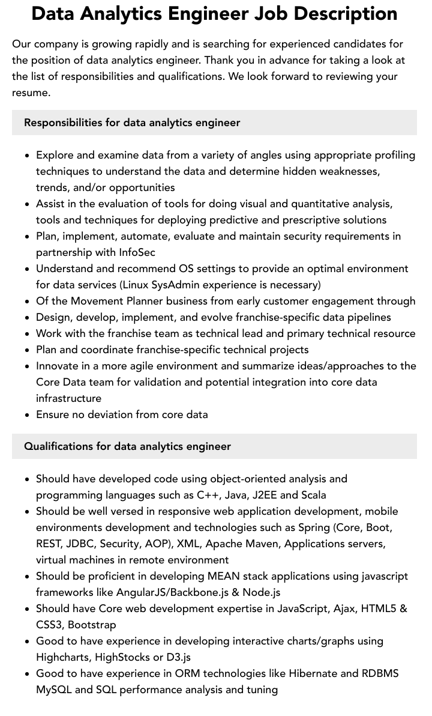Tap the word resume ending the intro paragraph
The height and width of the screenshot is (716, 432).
coord(30,93)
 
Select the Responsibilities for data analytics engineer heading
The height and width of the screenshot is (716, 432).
coord(132,123)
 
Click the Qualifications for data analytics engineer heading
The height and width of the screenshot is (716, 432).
coord(127,446)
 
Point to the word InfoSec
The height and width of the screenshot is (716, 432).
coord(137,252)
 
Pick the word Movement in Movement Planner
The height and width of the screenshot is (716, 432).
coord(97,301)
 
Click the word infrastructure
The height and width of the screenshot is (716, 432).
coord(68,398)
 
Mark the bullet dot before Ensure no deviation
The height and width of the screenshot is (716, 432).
coord(28,415)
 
